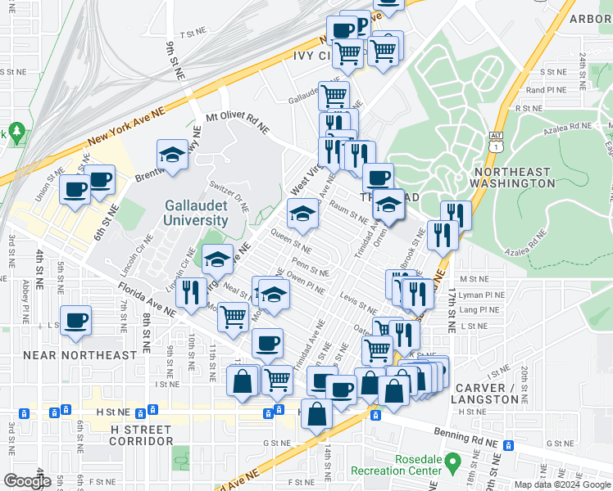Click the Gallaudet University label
coord(196,213)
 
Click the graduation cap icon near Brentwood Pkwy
coord(173,155)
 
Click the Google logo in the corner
coord(27,480)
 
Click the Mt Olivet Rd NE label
coord(238,123)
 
